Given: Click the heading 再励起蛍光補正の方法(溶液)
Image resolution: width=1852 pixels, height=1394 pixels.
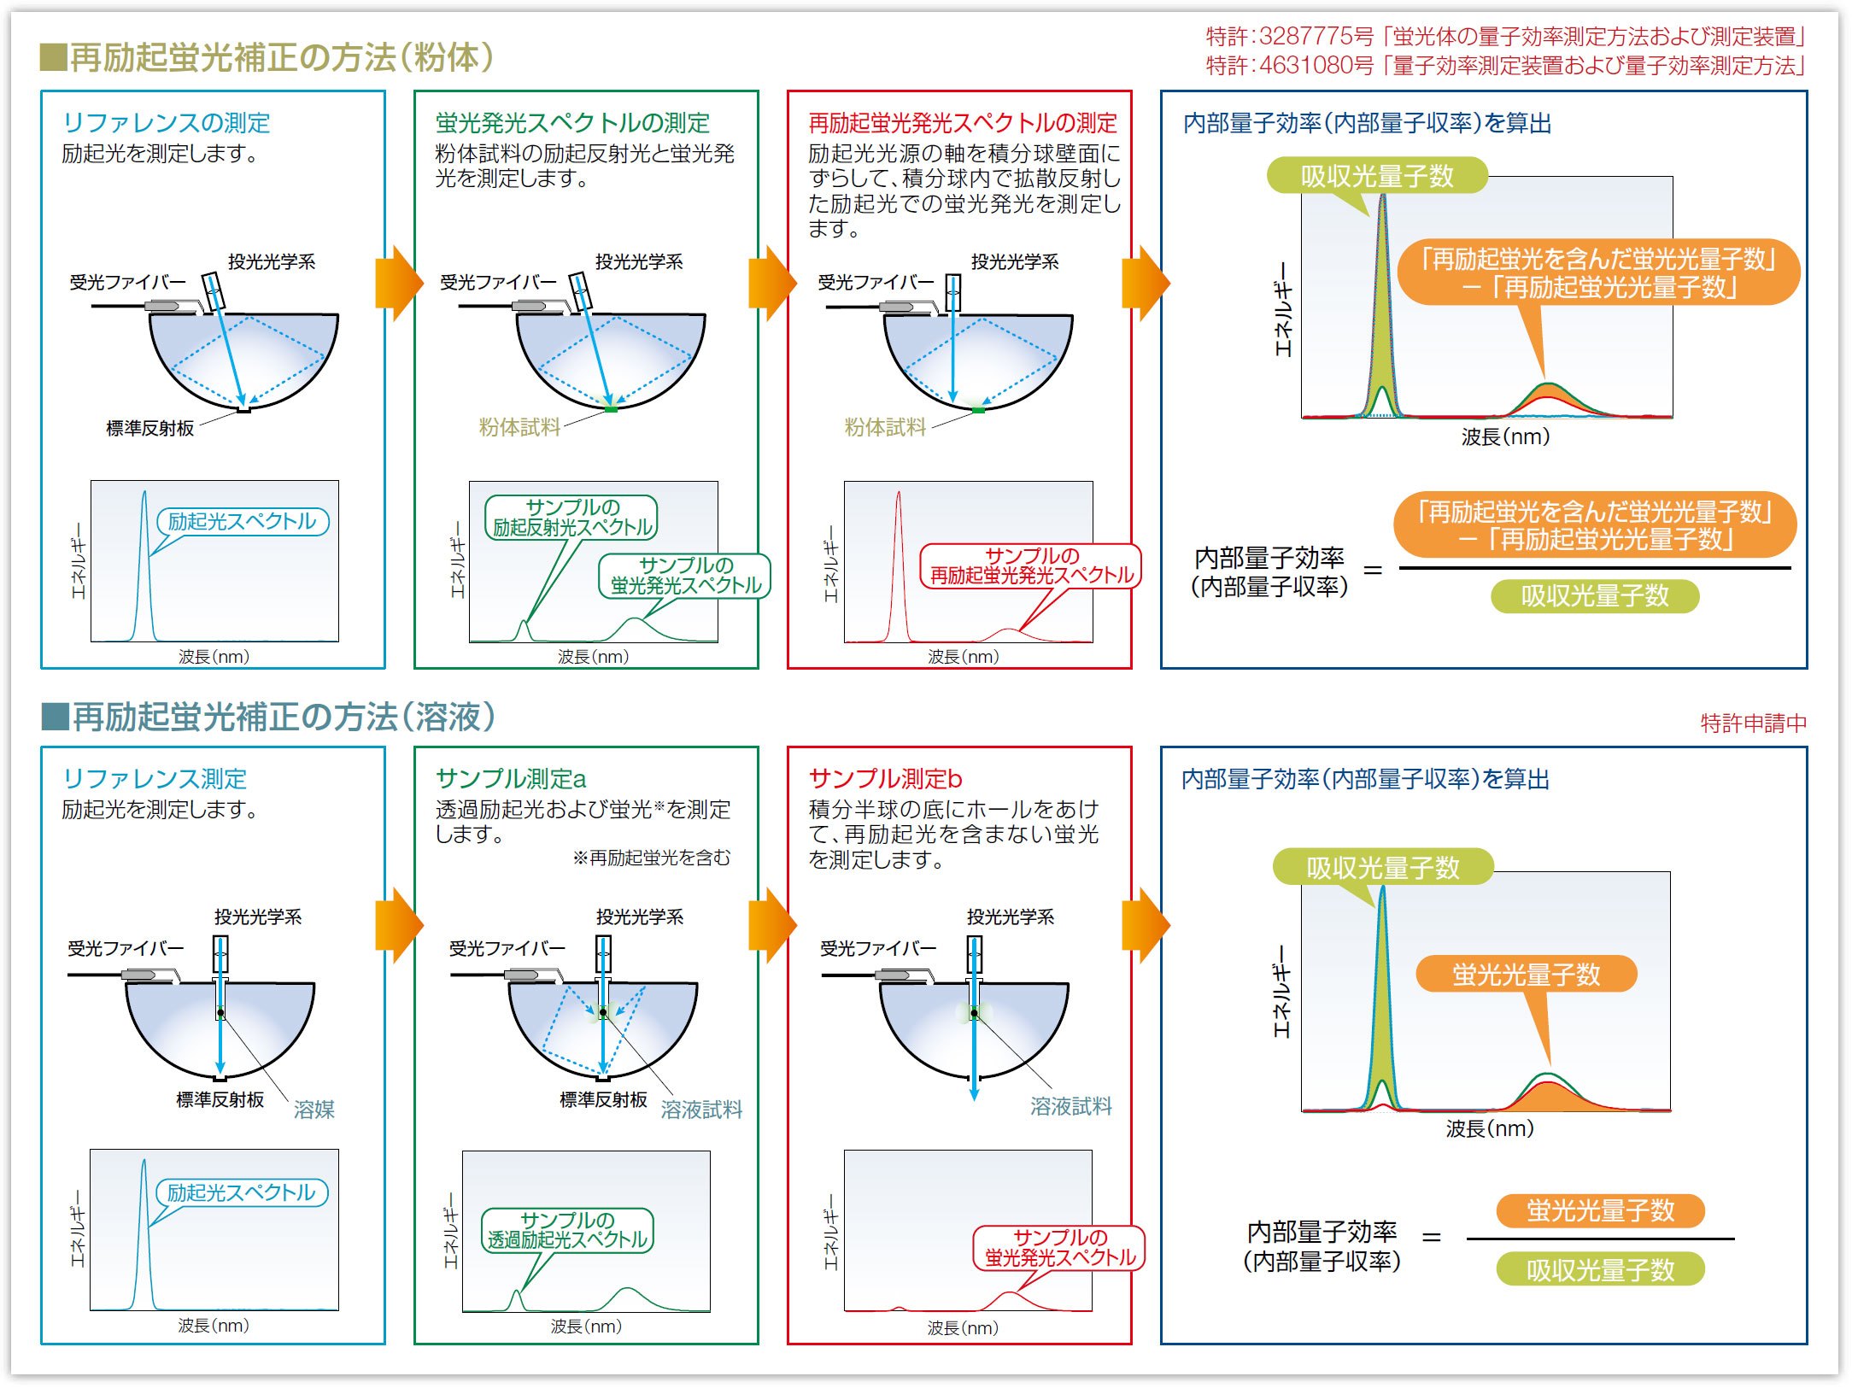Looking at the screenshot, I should point(282,717).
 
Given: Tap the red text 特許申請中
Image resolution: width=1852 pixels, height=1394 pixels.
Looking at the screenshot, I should point(1753,723).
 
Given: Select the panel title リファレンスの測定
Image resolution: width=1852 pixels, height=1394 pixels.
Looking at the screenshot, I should point(166,123).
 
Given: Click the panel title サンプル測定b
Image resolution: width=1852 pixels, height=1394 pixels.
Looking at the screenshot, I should point(885,779).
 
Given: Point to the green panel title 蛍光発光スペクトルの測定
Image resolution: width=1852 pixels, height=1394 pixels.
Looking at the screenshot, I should point(572,123).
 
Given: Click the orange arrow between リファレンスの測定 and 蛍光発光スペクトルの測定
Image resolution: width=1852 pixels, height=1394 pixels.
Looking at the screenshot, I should point(399,283).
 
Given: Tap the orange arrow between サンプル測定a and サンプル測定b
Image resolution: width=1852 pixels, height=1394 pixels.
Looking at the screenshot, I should point(772,924).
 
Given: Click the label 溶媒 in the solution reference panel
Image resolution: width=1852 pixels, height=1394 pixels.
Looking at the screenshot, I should point(314,1110).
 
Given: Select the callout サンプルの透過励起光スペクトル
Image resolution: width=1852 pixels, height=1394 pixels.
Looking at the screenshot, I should point(567,1230).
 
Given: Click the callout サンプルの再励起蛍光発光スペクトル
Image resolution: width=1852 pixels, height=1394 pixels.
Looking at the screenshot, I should point(1031,565).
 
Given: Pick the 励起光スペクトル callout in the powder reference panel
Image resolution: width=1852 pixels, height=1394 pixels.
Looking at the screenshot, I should point(243,521).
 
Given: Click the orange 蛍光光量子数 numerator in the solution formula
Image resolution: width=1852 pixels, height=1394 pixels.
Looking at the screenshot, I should point(1600,1210).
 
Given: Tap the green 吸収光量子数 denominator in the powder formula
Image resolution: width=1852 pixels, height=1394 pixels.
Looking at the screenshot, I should point(1594,596).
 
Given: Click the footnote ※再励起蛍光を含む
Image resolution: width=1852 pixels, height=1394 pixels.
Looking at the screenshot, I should point(652,858).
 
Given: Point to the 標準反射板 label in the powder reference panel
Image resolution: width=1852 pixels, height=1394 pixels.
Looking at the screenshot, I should point(150,428).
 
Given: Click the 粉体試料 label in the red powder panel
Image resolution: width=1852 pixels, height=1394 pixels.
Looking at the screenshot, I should point(885,427).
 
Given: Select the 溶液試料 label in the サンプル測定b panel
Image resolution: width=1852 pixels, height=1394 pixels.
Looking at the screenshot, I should point(1070,1107).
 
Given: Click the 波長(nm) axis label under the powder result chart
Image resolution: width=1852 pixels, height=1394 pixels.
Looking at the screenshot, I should point(1505,437).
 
